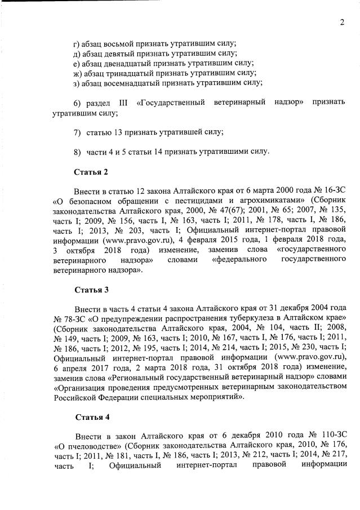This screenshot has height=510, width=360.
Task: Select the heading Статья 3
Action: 91,290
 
